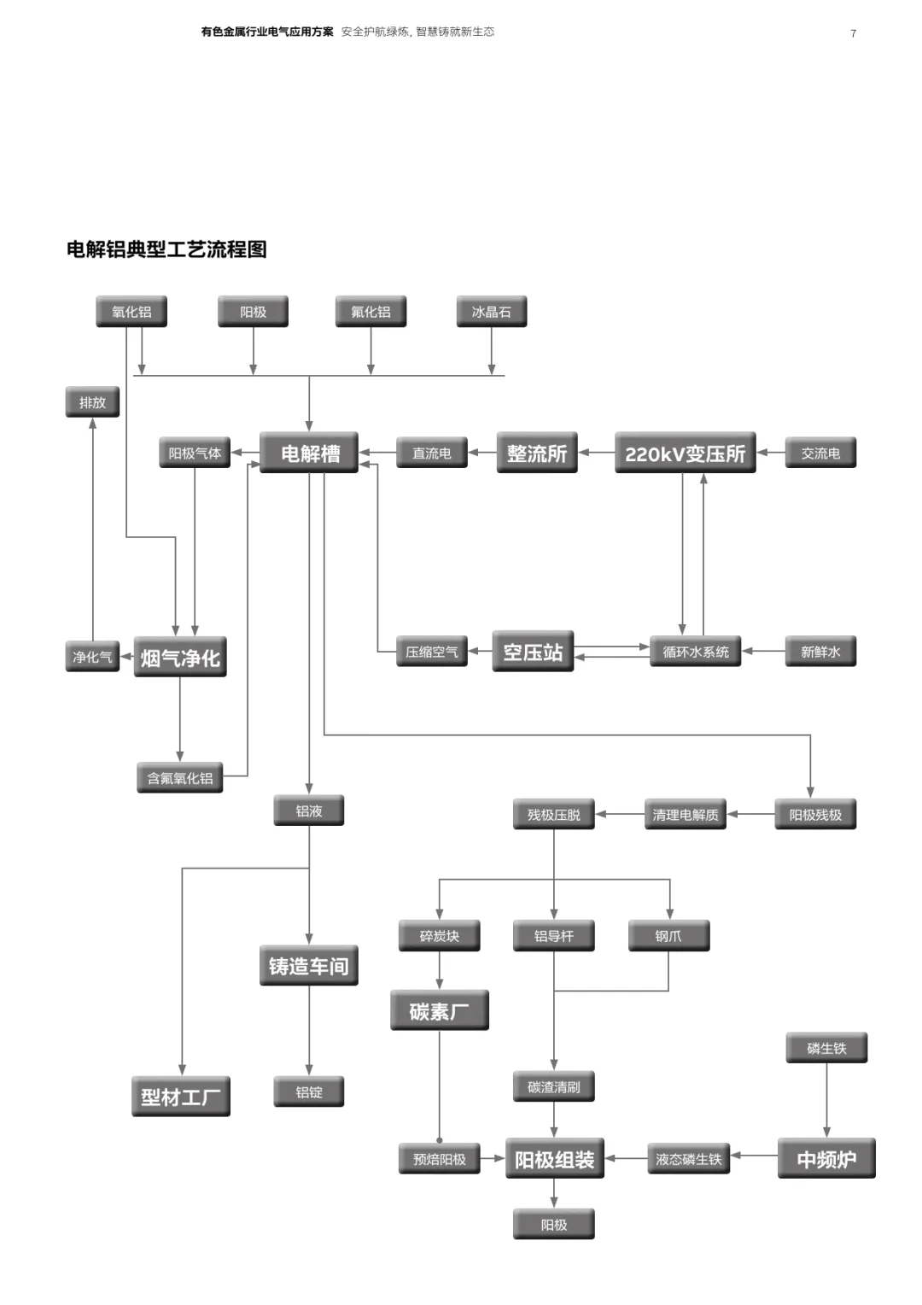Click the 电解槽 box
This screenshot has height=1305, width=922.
[309, 454]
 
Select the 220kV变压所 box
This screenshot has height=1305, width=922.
[685, 454]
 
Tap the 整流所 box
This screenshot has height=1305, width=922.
[536, 454]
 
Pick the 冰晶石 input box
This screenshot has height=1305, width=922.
[491, 312]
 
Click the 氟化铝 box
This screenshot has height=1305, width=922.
[371, 312]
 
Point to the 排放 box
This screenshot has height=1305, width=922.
[92, 402]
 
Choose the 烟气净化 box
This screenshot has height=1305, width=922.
[180, 658]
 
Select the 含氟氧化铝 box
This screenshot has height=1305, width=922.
[180, 778]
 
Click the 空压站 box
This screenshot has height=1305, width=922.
[533, 652]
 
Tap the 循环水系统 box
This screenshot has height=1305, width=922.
[695, 652]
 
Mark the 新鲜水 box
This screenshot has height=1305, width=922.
[820, 652]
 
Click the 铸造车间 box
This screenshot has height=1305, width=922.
[308, 966]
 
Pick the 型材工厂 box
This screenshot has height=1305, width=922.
[180, 1097]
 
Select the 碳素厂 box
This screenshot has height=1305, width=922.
[439, 1011]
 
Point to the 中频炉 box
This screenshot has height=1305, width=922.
[826, 1159]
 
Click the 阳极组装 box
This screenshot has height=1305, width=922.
[554, 1159]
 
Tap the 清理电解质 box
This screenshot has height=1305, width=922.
[685, 815]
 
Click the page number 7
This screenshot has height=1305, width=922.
[853, 33]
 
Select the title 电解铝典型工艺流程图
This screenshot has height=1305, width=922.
[166, 249]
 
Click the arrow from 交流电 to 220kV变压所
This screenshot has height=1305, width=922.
[771, 453]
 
